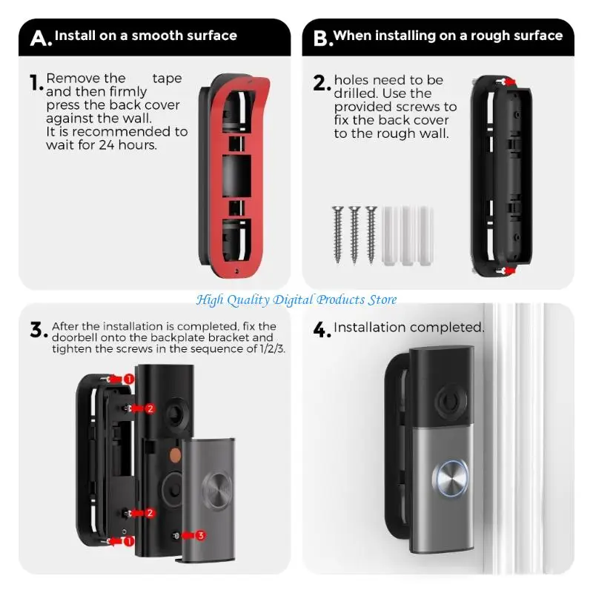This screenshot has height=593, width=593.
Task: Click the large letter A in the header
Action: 39,39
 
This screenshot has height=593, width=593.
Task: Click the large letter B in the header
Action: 321,39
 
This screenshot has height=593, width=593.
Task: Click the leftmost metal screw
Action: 337,234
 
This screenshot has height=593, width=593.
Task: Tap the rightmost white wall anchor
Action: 425,235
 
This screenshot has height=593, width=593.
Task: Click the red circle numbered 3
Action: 200,535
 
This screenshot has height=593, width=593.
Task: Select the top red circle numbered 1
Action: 129,379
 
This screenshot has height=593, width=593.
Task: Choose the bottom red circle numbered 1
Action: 129,541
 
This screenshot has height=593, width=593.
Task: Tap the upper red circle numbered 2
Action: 150,408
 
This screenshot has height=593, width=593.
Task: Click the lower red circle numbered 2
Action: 150,513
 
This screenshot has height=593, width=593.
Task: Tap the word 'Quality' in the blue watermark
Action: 248,300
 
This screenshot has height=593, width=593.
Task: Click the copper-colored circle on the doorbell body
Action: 175,455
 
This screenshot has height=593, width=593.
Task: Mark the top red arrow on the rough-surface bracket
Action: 511,82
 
